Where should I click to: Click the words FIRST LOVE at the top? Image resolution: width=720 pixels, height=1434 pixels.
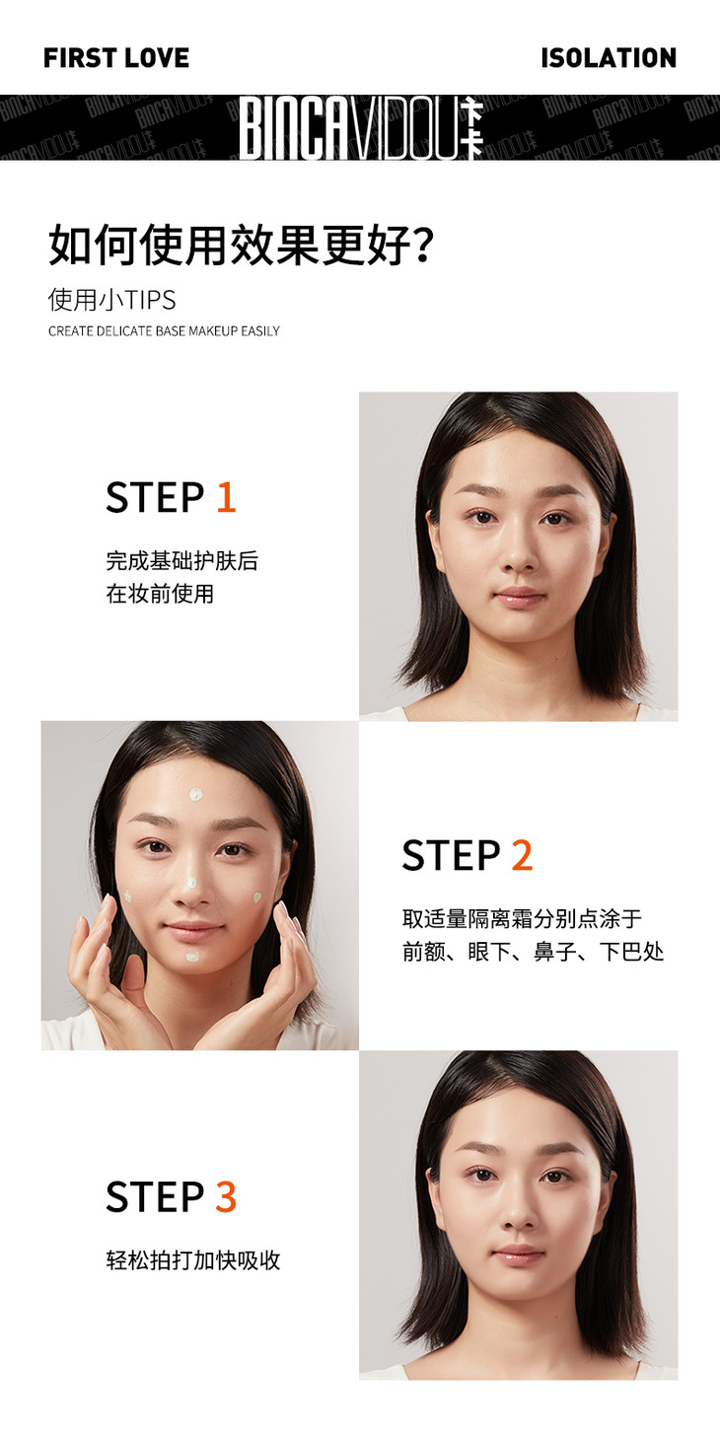pos(116,57)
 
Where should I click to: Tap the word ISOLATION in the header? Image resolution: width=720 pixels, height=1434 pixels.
pos(609,57)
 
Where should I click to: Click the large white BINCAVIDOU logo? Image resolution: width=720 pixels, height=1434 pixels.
pos(362,127)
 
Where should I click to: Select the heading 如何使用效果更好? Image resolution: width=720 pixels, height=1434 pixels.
pos(242,246)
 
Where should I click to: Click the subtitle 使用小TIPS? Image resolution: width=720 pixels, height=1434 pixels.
pos(112,300)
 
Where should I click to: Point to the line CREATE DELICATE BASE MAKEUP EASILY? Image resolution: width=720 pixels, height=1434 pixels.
pos(164,331)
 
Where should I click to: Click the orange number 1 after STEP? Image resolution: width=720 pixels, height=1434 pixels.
pos(227,497)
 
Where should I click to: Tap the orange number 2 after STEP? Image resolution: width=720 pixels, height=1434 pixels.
pos(522,855)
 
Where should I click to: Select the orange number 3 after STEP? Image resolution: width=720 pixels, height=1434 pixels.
pos(226,1196)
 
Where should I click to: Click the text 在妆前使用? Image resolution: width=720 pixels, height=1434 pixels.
pos(160,594)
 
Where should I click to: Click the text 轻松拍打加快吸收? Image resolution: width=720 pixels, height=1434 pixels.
pos(193,1259)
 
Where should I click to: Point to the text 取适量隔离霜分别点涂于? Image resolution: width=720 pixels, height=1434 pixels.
pos(522,918)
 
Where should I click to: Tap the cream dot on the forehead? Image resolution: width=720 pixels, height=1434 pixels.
pos(196,795)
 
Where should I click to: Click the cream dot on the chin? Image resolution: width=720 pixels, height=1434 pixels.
pos(192,958)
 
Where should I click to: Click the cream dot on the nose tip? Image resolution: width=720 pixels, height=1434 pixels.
pos(190,883)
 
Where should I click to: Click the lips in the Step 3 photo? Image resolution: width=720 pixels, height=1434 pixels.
pos(519,1254)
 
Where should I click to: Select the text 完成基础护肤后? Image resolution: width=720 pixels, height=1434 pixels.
pos(182,561)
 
